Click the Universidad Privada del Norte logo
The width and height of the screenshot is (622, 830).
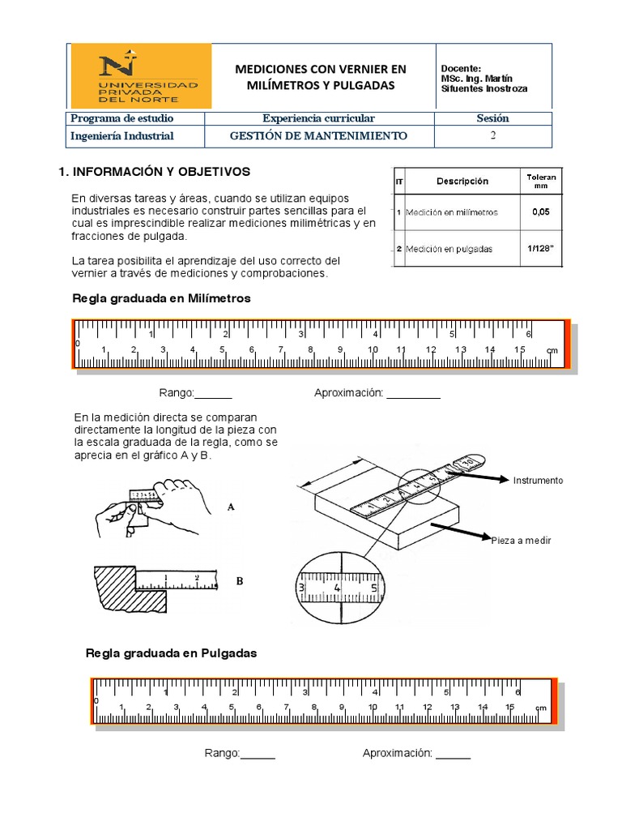[141, 75]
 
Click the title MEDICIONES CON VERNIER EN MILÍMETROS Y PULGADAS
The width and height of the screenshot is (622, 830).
[321, 77]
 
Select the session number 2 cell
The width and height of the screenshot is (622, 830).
[492, 136]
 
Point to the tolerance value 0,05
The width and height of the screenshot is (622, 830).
[540, 212]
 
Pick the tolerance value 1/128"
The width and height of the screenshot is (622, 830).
[540, 249]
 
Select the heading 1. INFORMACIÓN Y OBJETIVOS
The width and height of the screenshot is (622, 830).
[151, 172]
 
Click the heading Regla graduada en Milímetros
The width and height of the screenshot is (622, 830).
[162, 298]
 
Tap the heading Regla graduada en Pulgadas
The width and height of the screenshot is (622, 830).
[172, 652]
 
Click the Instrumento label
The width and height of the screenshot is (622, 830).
[537, 481]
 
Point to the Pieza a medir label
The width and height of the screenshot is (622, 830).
[521, 541]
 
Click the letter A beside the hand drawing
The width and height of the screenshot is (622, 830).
[231, 507]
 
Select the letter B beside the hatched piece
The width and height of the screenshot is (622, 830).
[239, 581]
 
